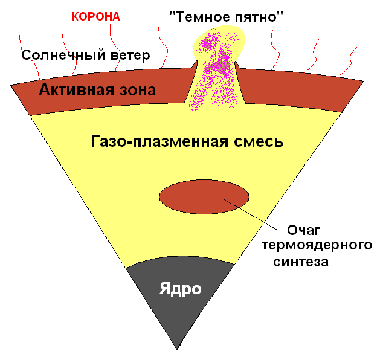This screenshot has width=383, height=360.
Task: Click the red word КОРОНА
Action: pos(95,16)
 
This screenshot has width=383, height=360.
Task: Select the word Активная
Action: pos(70,91)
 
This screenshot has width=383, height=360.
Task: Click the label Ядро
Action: pos(180,288)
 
